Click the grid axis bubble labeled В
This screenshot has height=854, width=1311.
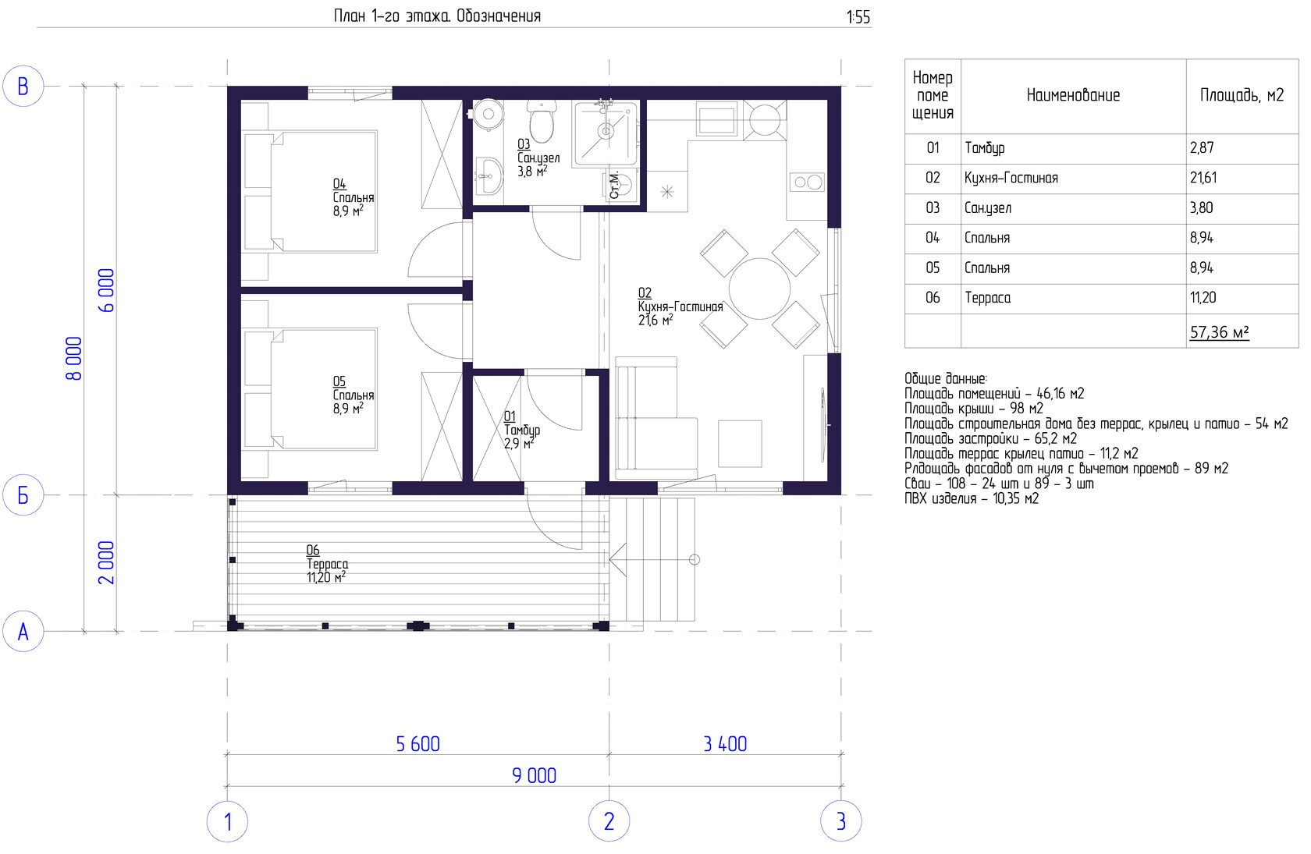click(23, 86)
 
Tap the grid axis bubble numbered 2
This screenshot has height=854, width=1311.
click(609, 821)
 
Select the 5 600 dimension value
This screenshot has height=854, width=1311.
click(418, 744)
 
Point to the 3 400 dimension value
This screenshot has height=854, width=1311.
click(725, 744)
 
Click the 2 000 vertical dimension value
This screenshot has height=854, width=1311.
click(106, 563)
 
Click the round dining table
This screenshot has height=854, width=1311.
click(760, 289)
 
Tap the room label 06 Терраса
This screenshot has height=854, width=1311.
click(326, 564)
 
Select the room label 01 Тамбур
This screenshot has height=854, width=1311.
click(521, 430)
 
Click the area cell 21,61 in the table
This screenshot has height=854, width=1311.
click(1203, 178)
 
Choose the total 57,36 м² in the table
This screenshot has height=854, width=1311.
click(1219, 332)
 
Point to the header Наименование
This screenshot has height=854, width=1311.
click(1073, 95)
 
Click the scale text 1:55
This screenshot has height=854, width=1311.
click(858, 17)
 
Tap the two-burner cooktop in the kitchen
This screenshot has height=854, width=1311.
click(807, 182)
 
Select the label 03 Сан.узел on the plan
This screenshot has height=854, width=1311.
click(538, 158)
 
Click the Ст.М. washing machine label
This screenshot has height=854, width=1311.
click(614, 186)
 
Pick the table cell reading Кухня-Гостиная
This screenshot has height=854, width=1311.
click(1011, 178)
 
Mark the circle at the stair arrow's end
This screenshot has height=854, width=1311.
click(695, 560)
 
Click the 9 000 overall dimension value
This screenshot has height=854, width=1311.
click(534, 775)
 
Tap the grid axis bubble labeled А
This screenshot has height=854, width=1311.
click(23, 631)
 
